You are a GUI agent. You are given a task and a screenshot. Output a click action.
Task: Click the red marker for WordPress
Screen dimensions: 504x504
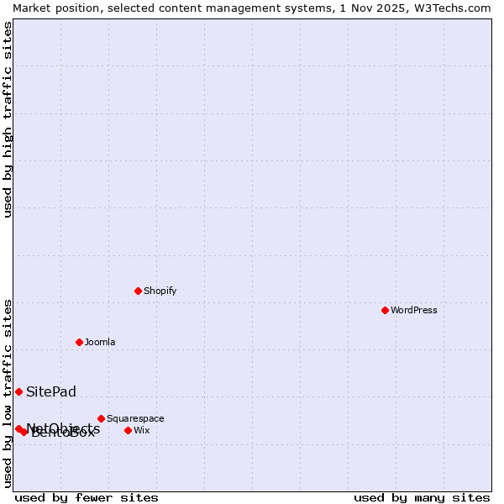(385, 310)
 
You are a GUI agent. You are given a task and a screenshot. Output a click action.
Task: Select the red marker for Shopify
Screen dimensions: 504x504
(138, 291)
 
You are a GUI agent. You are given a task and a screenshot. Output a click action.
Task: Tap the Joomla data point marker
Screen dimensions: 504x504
(79, 342)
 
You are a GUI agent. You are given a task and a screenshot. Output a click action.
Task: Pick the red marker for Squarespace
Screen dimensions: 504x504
(101, 418)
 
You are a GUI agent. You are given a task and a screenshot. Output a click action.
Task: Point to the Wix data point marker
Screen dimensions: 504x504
(128, 430)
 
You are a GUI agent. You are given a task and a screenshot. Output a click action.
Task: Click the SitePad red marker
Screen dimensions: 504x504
(18, 391)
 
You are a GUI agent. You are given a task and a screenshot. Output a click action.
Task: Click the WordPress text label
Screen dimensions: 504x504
(413, 310)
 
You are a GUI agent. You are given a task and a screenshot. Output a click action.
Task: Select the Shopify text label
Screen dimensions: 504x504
(160, 291)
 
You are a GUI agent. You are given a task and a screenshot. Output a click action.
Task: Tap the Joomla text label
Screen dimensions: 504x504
(100, 342)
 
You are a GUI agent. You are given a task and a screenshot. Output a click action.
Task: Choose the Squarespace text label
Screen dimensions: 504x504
(135, 418)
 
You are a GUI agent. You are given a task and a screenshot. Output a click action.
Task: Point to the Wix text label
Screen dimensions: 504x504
(141, 430)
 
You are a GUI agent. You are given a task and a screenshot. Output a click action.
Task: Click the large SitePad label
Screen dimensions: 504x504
(51, 391)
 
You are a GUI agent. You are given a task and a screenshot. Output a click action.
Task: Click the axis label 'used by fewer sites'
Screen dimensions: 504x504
(87, 497)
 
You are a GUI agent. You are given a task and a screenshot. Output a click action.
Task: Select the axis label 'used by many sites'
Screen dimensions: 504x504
(422, 497)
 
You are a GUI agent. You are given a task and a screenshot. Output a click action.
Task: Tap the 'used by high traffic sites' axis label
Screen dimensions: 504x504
(8, 119)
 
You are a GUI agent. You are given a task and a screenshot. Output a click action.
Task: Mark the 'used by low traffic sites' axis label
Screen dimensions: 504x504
(8, 393)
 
